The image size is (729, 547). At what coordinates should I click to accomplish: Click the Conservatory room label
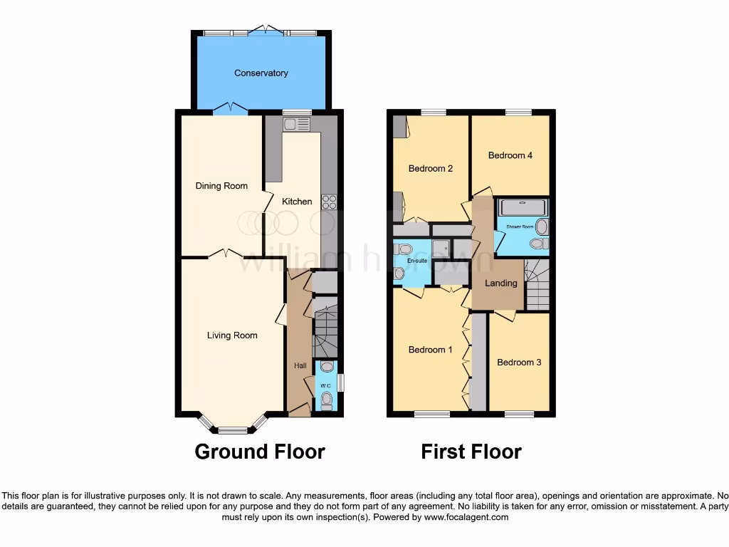point(261,73)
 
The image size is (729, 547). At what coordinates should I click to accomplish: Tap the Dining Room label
point(221,186)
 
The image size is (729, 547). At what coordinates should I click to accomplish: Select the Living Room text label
point(232,335)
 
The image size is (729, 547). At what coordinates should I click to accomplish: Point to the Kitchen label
point(297,202)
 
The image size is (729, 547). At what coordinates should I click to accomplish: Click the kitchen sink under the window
point(296,125)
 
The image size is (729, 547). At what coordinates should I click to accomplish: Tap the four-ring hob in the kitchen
point(330,202)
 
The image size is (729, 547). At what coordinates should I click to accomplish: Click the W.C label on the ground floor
point(325,386)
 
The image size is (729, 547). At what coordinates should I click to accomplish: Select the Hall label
point(300,366)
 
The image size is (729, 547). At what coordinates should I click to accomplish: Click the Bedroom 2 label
point(431,169)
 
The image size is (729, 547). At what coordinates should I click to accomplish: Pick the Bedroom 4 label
point(510,155)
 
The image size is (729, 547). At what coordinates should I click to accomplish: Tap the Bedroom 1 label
point(430,350)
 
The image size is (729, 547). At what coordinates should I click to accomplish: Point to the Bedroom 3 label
point(519,363)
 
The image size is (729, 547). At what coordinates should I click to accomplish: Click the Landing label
point(500,283)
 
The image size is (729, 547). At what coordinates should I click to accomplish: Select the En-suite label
point(416,261)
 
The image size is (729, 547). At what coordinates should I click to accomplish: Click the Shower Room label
point(520,226)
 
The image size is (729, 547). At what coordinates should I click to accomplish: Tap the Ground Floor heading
point(260,452)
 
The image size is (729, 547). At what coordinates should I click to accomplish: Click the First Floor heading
point(471,452)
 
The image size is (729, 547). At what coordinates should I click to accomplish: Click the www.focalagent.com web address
point(467,517)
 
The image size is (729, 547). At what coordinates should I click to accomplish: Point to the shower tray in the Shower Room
point(523,207)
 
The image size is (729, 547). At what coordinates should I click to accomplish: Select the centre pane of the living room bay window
point(232,429)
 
